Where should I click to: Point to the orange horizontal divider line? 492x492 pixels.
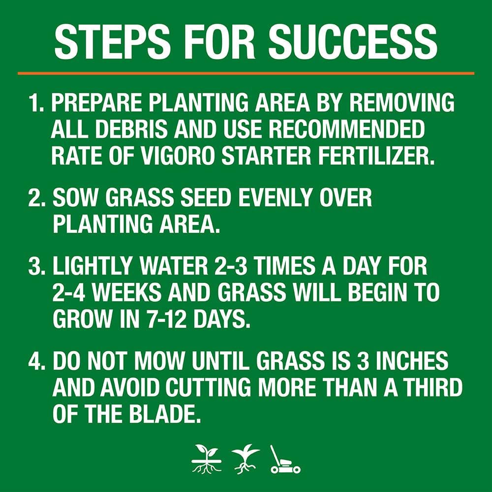click(246, 73)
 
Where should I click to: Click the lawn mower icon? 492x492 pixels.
click(285, 460)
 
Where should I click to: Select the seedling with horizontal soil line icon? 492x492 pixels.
click(207, 460)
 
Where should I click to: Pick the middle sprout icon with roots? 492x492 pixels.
click(246, 460)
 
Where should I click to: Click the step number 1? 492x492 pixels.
click(37, 104)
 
